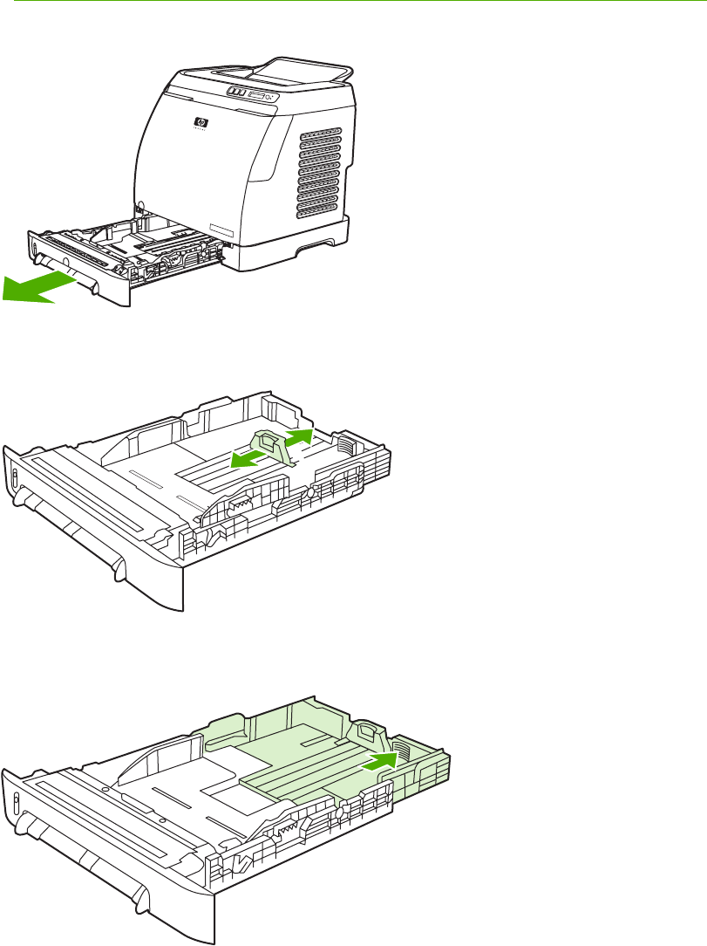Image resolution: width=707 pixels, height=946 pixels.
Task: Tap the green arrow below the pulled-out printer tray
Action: [35, 287]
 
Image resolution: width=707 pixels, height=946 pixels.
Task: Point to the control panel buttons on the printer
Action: [235, 91]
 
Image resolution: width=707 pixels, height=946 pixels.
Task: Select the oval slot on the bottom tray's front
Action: [15, 803]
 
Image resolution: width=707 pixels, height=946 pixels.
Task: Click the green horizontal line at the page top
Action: [353, 2]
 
